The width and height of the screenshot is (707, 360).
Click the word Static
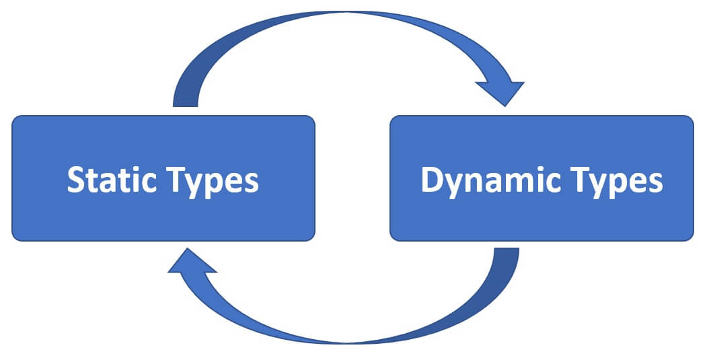tap(107, 180)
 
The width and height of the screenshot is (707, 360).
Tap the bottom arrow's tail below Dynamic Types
tap(506, 256)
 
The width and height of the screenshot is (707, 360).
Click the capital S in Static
tap(77, 180)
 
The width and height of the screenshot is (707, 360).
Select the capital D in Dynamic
tap(433, 180)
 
